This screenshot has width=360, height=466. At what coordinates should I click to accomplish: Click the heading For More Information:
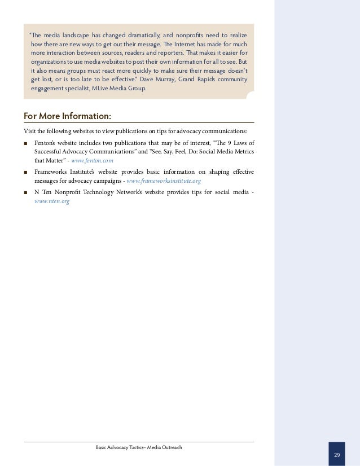coord(67,116)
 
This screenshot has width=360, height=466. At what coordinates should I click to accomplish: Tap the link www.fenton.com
coord(92,160)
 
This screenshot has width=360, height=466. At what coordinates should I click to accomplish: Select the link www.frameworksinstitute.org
coord(164,181)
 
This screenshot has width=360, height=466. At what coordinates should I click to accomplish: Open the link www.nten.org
coord(52,201)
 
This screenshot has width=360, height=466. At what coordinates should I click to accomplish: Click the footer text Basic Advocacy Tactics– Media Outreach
coord(139,447)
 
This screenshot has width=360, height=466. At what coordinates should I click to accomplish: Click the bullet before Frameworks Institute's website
coord(26,172)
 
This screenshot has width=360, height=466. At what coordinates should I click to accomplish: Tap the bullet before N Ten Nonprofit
coord(26,192)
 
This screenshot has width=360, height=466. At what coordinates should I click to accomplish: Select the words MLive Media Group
coord(118,88)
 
